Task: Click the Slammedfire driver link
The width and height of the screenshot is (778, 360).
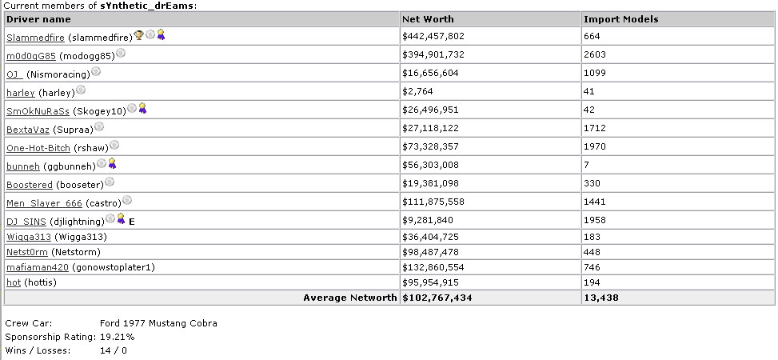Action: pyautogui.click(x=35, y=38)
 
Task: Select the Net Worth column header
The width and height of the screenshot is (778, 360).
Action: pyautogui.click(x=428, y=19)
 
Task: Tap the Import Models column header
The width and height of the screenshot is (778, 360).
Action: pyautogui.click(x=620, y=19)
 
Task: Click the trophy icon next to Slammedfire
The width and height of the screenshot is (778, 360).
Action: pyautogui.click(x=139, y=34)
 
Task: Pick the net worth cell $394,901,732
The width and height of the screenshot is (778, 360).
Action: pyautogui.click(x=433, y=54)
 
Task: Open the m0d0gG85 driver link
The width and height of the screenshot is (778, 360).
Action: pyautogui.click(x=31, y=56)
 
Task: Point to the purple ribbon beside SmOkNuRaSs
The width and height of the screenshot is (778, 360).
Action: pyautogui.click(x=142, y=108)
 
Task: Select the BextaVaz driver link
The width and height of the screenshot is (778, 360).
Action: pyautogui.click(x=28, y=130)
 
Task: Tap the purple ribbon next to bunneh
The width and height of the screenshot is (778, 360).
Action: pyautogui.click(x=112, y=163)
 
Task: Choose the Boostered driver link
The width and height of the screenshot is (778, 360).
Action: pyautogui.click(x=30, y=185)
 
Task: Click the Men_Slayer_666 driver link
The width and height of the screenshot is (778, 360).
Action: pyautogui.click(x=44, y=203)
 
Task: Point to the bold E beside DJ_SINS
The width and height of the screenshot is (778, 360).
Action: pyautogui.click(x=131, y=222)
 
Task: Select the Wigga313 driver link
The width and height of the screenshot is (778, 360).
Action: pyautogui.click(x=29, y=237)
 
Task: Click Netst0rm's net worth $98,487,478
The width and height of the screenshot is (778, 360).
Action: pyautogui.click(x=430, y=252)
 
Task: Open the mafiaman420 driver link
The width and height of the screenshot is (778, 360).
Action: pyautogui.click(x=38, y=268)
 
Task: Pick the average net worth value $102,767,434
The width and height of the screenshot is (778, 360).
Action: pyautogui.click(x=437, y=298)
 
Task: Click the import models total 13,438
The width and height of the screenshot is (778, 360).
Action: pyautogui.click(x=600, y=298)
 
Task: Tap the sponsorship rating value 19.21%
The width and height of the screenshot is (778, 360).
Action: pyautogui.click(x=117, y=337)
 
